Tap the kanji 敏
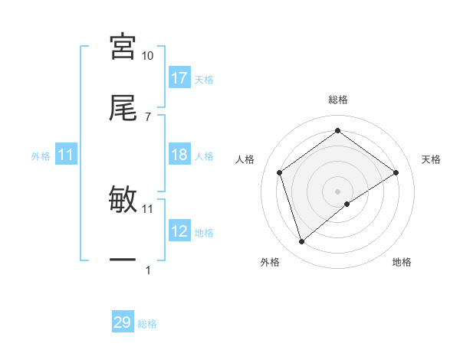coord(123,200)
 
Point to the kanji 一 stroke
coord(123,260)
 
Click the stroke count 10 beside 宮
coord(147,56)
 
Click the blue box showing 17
coord(179,77)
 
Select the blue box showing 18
coord(179,155)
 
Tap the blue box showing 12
coord(179,231)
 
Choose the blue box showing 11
coord(66,155)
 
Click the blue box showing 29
coord(123,322)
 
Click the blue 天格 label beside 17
coord(204,79)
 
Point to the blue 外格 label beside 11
coord(41,156)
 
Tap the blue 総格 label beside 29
coord(147,324)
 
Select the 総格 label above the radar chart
coord(338,100)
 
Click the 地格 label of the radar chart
coord(402,263)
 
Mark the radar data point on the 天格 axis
coord(396,172)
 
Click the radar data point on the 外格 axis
coord(301,242)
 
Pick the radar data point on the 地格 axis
coord(347,204)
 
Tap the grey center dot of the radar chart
coord(338,191)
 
